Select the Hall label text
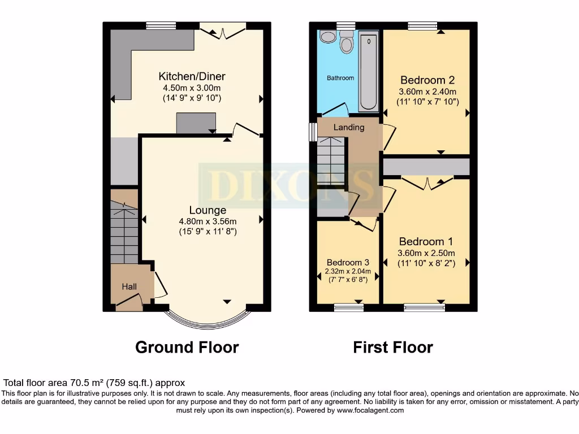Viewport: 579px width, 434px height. (129, 287)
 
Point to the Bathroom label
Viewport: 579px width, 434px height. (340, 78)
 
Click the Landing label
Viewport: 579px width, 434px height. (349, 127)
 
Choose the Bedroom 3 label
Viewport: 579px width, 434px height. (348, 262)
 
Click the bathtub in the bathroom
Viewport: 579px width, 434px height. (369, 71)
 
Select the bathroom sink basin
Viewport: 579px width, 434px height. (327, 37)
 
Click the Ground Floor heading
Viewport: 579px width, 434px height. (187, 347)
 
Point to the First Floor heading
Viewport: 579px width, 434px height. (393, 347)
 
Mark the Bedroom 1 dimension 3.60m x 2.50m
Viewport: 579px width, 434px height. (427, 253)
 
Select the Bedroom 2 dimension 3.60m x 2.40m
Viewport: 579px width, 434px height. (427, 92)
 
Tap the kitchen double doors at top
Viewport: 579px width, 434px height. (223, 31)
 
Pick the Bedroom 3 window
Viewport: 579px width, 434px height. (348, 307)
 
